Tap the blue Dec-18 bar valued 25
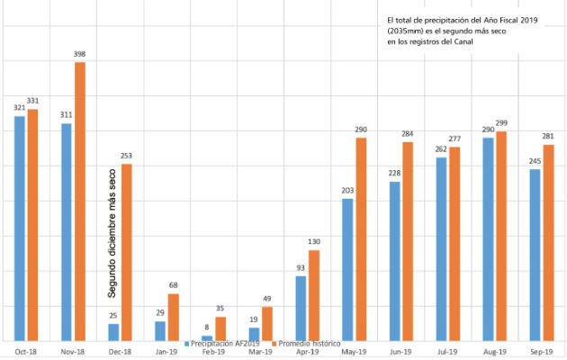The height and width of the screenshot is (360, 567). click(113, 332)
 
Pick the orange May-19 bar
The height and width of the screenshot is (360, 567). click(361, 239)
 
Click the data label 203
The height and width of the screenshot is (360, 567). click(347, 191)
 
